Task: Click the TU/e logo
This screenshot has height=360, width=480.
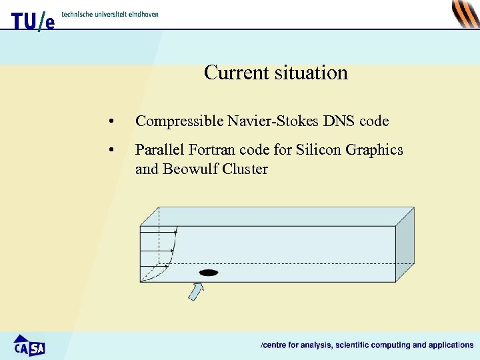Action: (33, 21)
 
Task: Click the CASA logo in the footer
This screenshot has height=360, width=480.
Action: (29, 345)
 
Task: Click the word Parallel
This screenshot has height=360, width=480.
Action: (157, 150)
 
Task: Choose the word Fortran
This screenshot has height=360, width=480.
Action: (207, 150)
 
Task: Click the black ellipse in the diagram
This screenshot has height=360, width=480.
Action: (209, 273)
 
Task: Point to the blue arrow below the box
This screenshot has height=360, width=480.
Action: (195, 291)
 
